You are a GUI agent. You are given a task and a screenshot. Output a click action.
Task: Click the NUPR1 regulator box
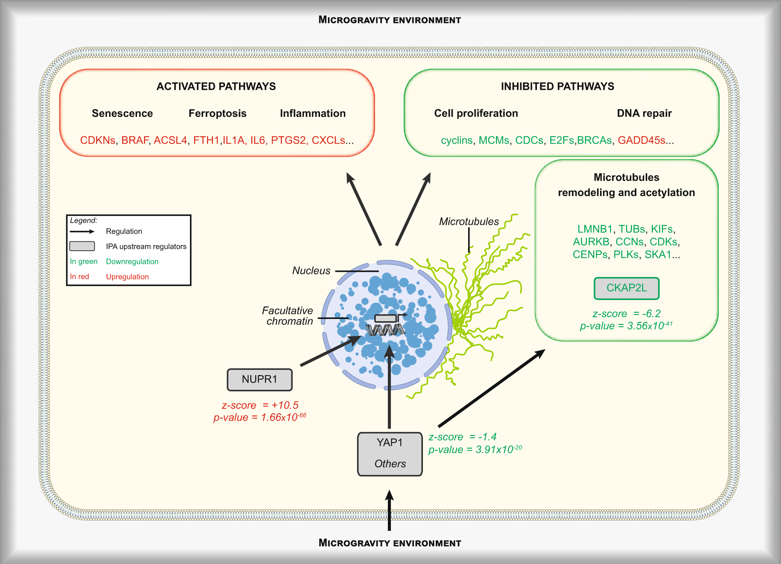click(259, 379)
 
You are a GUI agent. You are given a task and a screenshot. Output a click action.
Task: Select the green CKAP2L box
click(626, 288)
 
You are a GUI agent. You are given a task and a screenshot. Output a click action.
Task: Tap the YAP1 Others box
click(390, 454)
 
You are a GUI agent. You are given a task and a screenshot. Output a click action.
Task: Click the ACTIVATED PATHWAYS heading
click(216, 86)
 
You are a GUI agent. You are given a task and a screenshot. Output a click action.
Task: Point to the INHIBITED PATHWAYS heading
click(557, 86)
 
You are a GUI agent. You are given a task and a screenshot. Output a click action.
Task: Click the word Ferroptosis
click(217, 113)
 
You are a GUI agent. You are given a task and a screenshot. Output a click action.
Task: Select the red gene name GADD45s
click(641, 140)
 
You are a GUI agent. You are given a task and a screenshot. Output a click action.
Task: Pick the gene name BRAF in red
click(135, 140)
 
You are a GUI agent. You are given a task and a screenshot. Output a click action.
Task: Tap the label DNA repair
click(644, 113)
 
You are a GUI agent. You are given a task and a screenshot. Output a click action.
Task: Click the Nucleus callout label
click(311, 271)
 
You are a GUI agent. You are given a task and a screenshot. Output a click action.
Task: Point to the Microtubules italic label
click(469, 221)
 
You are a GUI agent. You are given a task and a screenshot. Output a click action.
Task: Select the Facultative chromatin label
click(288, 316)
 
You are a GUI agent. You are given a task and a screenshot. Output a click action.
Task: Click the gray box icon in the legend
click(82, 246)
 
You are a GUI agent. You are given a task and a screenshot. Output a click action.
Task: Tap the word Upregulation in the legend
click(127, 276)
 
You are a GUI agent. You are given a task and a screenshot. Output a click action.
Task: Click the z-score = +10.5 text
click(260, 405)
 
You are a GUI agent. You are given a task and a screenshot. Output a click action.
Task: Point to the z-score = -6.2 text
click(626, 313)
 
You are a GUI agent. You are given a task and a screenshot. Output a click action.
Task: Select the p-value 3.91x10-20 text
click(475, 449)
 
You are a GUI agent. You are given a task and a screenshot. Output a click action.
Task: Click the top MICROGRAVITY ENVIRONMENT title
click(389, 20)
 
